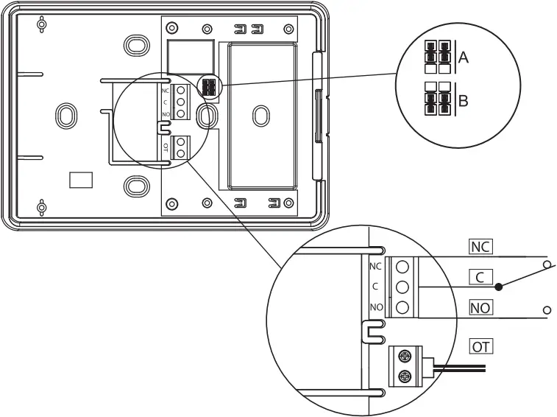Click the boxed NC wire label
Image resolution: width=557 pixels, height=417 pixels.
(x=480, y=246)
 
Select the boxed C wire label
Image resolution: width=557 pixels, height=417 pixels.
(x=480, y=278)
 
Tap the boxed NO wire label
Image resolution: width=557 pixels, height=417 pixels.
(x=480, y=306)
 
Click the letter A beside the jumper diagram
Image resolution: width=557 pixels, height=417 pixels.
(x=463, y=57)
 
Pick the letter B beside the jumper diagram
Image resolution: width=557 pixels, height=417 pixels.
(x=463, y=100)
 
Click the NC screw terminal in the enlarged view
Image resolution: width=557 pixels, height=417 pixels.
(x=402, y=267)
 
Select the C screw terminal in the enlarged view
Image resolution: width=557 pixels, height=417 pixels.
(x=402, y=287)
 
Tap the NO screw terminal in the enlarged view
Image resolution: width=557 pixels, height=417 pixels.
(x=402, y=306)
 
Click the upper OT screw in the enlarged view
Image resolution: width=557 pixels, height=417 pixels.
(x=403, y=356)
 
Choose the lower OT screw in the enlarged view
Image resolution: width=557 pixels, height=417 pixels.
(x=403, y=376)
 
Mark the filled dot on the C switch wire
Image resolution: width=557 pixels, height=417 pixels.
(x=499, y=287)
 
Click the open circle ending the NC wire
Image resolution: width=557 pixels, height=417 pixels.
(x=546, y=264)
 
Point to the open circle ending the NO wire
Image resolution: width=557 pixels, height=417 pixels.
(x=546, y=310)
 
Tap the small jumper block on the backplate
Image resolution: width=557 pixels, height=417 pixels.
(x=207, y=88)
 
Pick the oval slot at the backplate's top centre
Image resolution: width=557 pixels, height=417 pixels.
(x=135, y=45)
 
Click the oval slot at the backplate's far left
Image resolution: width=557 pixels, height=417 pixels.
(x=65, y=115)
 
